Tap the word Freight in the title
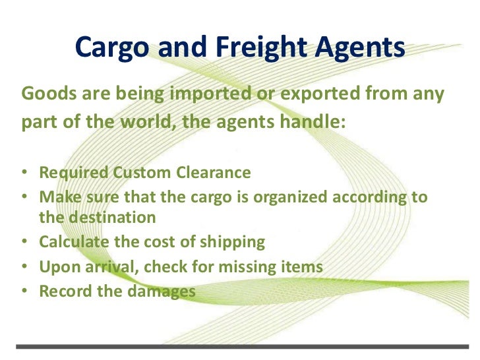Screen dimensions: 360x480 tap(255, 47)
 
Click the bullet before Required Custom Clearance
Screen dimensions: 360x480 tap(23, 174)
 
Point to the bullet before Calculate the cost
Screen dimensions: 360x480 tap(23, 243)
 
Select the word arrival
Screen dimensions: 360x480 tap(108, 267)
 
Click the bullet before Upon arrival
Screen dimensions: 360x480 tap(23, 267)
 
